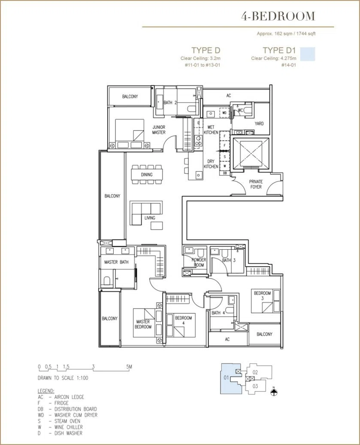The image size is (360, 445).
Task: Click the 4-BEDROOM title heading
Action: pos(278,16)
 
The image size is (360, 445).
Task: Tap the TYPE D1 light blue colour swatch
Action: pos(308,54)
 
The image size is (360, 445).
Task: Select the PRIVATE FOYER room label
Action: pos(256,184)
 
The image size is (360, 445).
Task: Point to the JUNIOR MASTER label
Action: pos(159,130)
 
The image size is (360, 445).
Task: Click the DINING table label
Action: pos(147,175)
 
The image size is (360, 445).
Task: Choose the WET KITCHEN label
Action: pos(211,130)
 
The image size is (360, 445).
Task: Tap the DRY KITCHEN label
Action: pos(211,164)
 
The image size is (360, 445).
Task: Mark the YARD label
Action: pos(259,124)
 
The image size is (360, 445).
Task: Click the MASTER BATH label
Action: pos(116,262)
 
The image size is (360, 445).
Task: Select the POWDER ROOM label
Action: pos(199,262)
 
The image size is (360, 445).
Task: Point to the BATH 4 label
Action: pos(218,312)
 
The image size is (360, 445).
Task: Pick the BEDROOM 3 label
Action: pos(263,295)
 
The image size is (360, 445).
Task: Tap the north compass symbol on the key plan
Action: pos(274,392)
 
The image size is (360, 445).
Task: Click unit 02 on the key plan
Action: pos(255,372)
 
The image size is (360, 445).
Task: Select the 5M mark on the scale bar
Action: pos(129,366)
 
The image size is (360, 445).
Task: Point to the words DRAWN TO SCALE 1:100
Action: pos(63,378)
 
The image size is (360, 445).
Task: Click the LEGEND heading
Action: pos(46,391)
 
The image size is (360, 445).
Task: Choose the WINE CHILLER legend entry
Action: pos(60,427)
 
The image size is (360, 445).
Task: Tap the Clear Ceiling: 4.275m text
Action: pos(273,58)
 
